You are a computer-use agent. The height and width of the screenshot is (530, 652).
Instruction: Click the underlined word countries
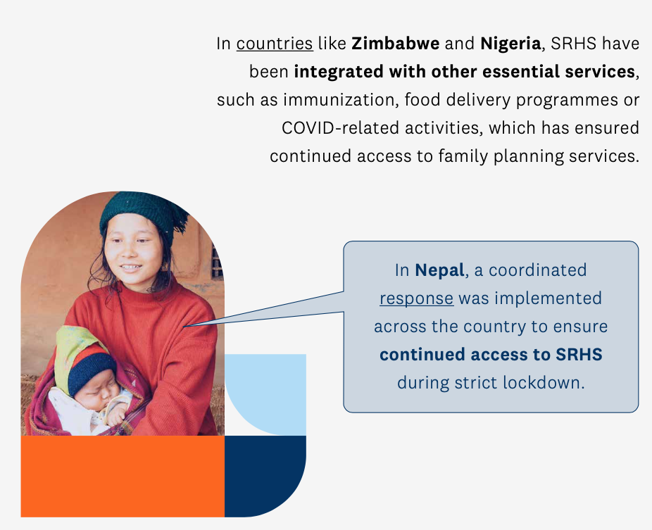pyautogui.click(x=275, y=44)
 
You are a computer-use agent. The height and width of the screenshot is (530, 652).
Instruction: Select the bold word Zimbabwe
pyautogui.click(x=396, y=44)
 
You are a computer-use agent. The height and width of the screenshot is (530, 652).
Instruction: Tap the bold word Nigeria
pyautogui.click(x=510, y=44)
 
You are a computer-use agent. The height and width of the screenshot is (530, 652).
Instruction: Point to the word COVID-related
pyautogui.click(x=341, y=128)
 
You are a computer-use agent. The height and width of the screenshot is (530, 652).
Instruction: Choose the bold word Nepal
pyautogui.click(x=439, y=270)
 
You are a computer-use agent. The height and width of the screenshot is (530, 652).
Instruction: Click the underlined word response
pyautogui.click(x=416, y=298)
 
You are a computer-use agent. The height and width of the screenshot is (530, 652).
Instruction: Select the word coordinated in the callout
pyautogui.click(x=537, y=270)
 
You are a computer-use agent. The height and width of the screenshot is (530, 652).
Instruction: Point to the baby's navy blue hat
pyautogui.click(x=92, y=372)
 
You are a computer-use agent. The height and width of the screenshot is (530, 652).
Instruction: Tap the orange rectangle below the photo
pyautogui.click(x=123, y=477)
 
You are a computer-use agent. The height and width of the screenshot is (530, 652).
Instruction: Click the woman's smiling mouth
pyautogui.click(x=130, y=268)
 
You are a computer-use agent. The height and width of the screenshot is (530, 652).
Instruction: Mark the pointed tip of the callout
pyautogui.click(x=183, y=327)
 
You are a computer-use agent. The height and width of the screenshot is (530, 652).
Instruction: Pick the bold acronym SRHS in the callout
pyautogui.click(x=579, y=355)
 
